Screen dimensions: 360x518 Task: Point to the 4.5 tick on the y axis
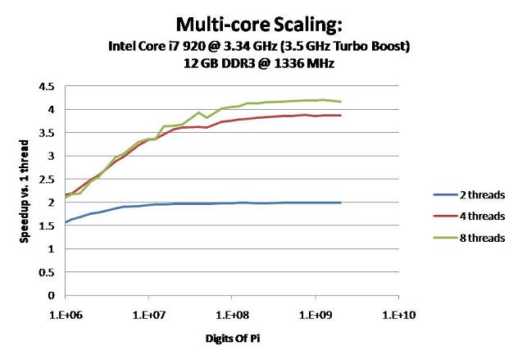coord(48,86)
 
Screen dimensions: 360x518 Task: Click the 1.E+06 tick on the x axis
coord(66,312)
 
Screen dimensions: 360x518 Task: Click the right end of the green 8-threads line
coord(341,102)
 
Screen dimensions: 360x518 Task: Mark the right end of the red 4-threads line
coord(341,116)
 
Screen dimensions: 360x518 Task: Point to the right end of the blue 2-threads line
coord(341,203)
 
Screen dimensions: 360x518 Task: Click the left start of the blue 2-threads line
coord(66,222)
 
